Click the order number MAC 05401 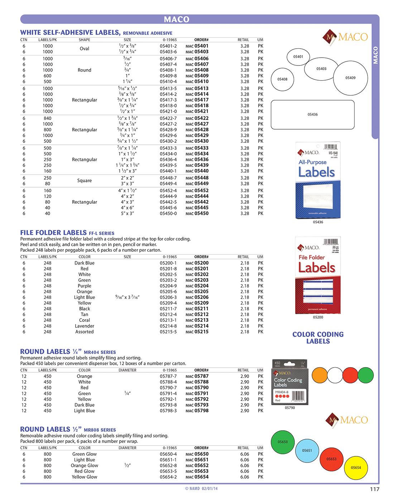tap(197, 46)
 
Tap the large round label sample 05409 tap(350, 78)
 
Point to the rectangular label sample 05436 tap(313, 115)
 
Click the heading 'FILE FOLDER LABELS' tap(53, 233)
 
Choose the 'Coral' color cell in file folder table tap(85, 320)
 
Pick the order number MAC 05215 tap(197, 332)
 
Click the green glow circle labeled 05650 tap(283, 442)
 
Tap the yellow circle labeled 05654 tap(356, 468)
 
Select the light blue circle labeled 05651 tap(307, 451)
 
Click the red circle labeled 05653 tap(331, 459)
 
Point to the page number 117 tap(375, 489)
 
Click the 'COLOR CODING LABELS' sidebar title tap(318, 338)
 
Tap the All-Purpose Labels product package tap(318, 180)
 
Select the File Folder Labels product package tap(318, 275)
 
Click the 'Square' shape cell tap(85, 181)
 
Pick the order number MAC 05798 tap(197, 411)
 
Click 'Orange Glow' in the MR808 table tap(85, 466)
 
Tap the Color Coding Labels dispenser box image tap(290, 382)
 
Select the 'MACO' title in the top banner tap(177, 19)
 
